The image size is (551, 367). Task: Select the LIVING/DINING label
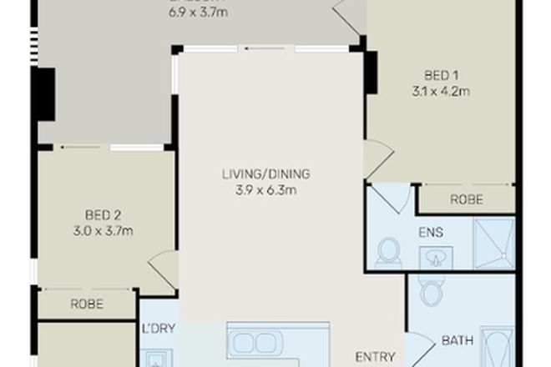[265, 174]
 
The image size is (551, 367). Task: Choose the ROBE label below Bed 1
[466, 200]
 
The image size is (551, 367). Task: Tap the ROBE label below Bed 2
[86, 304]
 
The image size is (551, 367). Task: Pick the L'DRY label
[158, 328]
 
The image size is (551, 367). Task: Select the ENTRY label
[375, 356]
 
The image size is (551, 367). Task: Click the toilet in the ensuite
[388, 251]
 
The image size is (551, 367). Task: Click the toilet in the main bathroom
[432, 291]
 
